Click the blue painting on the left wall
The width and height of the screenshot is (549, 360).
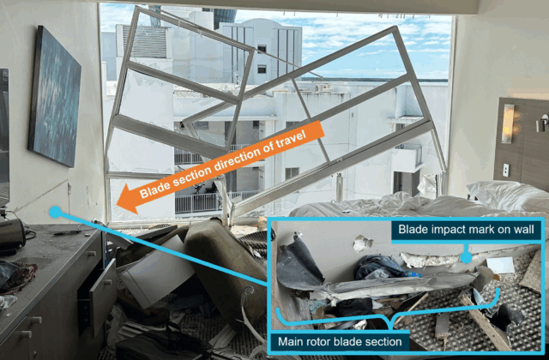click(55, 96)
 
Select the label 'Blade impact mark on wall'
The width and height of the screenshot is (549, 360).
click(466, 230)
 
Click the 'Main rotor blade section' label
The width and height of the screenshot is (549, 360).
click(340, 341)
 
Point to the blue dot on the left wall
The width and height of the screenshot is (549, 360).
click(55, 212)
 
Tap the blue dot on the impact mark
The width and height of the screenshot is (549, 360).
click(466, 257)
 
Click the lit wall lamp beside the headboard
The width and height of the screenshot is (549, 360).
click(507, 123)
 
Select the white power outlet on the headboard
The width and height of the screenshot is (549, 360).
click(505, 170)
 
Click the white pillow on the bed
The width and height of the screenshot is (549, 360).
click(508, 195)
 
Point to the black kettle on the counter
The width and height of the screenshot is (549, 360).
click(11, 233)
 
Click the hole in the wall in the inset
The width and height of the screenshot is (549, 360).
click(362, 243)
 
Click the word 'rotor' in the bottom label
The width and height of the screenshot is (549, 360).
click(318, 341)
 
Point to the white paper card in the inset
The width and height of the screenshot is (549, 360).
click(500, 265)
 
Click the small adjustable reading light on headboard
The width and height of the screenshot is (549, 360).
click(542, 123)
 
